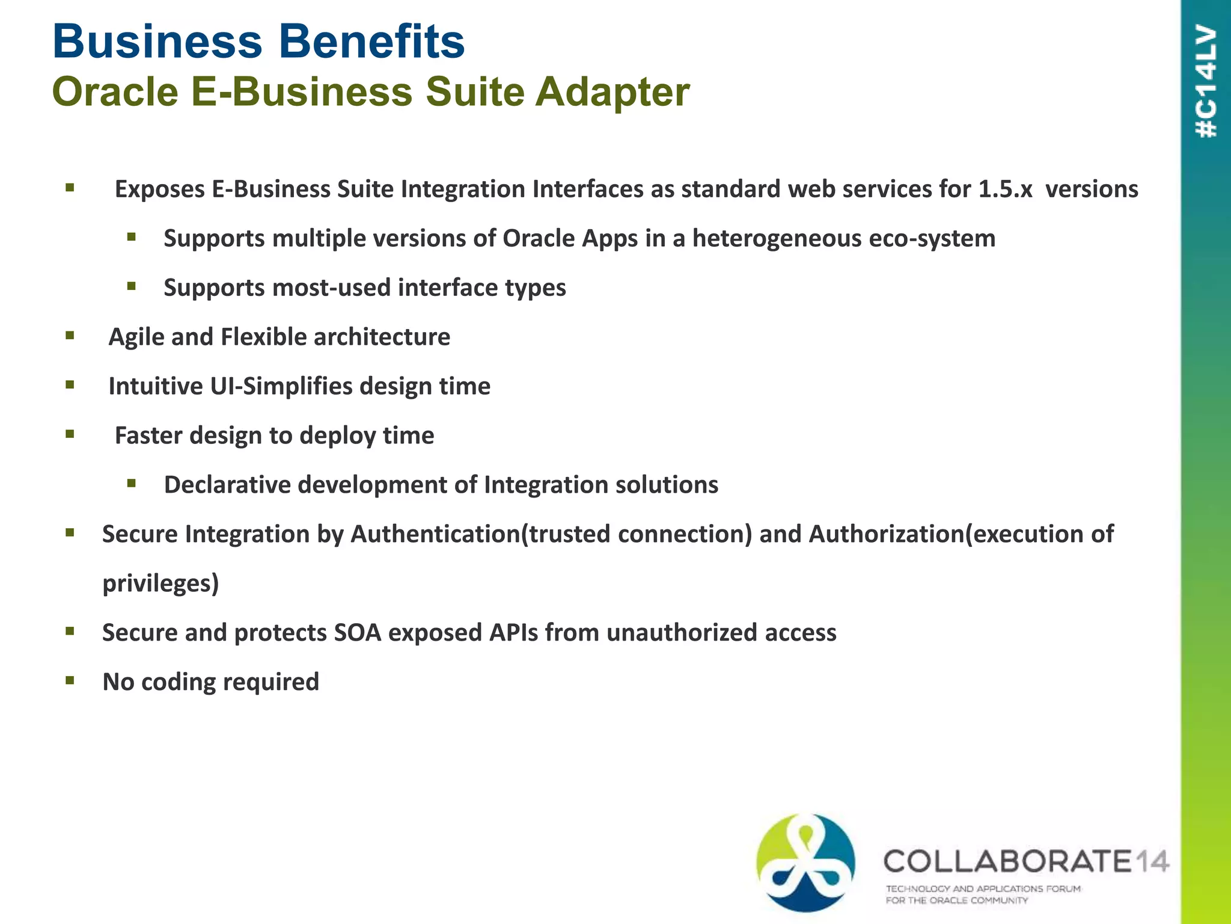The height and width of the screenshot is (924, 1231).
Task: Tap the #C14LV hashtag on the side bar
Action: pos(1206,81)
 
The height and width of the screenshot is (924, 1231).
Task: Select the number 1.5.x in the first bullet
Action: pos(1005,189)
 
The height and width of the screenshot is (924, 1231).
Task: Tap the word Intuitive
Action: pos(156,386)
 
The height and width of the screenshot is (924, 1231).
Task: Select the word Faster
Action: pos(148,436)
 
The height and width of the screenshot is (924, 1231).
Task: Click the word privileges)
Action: pos(160,584)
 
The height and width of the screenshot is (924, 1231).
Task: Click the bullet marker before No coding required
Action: pos(70,680)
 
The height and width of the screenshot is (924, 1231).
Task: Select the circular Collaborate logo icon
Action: pos(805,863)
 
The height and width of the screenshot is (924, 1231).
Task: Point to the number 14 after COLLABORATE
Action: pos(1152,861)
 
